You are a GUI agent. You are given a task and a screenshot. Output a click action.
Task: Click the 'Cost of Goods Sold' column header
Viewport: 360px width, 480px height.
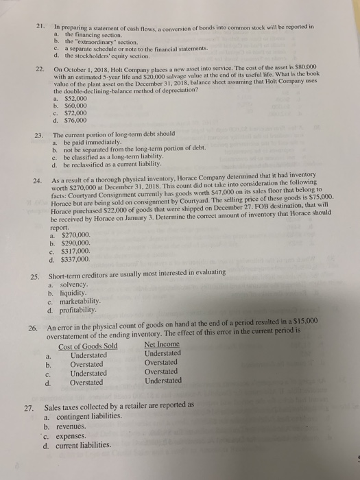point(88,346)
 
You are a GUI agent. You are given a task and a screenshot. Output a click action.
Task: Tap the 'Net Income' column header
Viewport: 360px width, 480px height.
point(162,344)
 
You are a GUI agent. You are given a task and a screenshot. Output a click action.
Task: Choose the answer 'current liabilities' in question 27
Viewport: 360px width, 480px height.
point(88,445)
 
